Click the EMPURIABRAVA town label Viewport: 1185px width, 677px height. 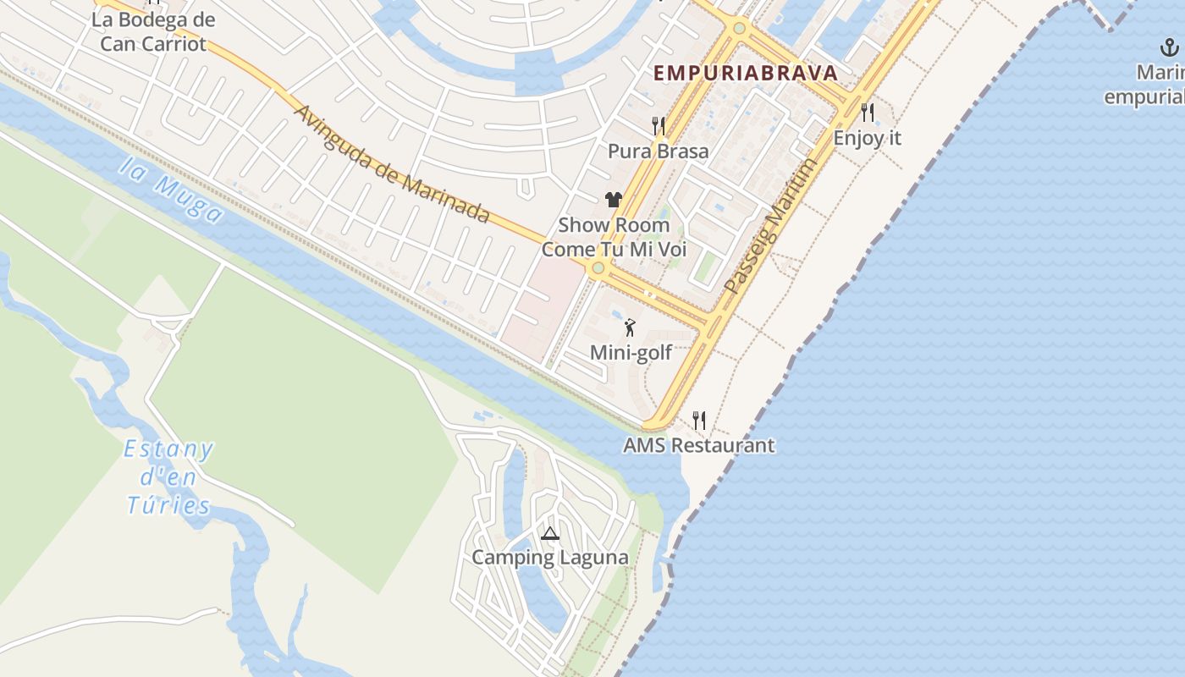tap(746, 73)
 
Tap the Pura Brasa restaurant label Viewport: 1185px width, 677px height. tap(658, 151)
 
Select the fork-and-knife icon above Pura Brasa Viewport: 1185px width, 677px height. tap(658, 126)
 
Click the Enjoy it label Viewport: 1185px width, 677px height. tap(867, 137)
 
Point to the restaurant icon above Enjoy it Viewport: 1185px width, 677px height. tap(867, 112)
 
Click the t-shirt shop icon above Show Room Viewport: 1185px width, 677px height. tap(614, 200)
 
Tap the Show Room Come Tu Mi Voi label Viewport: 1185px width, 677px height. tap(614, 237)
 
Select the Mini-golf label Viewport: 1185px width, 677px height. tap(631, 353)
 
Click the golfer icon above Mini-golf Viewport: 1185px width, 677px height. tap(630, 327)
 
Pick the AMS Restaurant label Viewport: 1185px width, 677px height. tap(698, 445)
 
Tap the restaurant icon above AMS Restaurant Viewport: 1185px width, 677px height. tap(698, 419)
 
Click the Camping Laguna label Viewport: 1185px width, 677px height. tap(549, 558)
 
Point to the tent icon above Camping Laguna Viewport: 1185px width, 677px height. tap(549, 533)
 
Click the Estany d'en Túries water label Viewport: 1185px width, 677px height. tap(168, 477)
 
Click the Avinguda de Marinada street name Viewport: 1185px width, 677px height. tap(391, 163)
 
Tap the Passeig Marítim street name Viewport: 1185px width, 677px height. tap(771, 227)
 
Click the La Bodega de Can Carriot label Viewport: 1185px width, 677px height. tap(153, 31)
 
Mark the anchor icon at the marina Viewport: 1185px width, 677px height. tap(1171, 47)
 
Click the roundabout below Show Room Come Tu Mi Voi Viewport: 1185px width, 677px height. tap(598, 268)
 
